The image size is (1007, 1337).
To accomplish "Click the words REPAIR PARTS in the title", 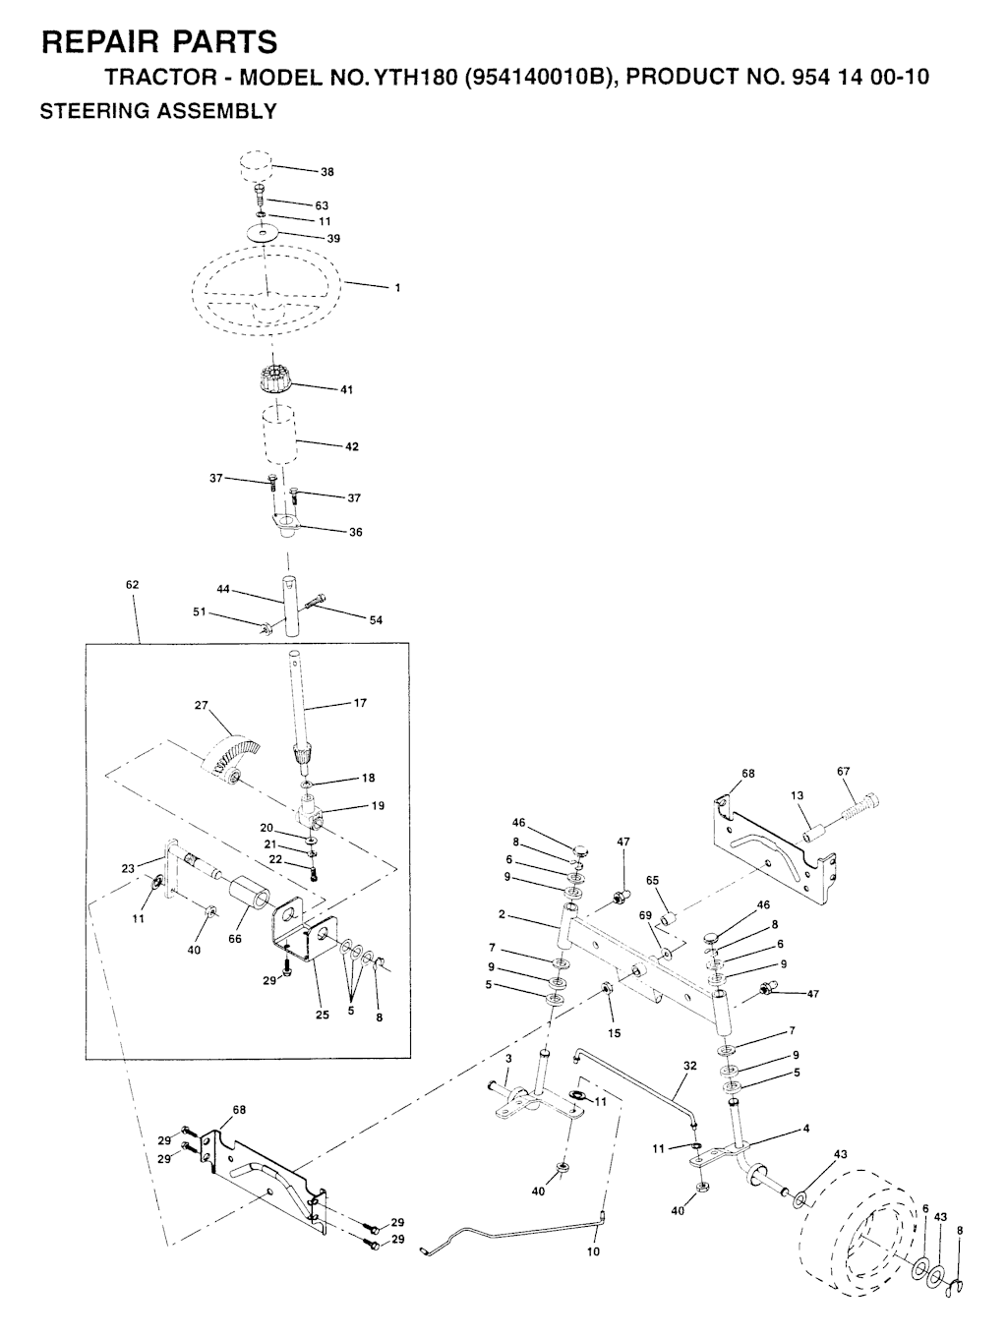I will (x=158, y=42).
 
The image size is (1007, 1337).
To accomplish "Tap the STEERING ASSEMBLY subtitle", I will (x=157, y=111).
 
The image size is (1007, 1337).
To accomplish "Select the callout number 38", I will (x=327, y=172).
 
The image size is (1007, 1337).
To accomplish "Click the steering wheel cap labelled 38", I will (x=256, y=166).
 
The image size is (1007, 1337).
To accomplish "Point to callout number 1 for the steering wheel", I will (x=397, y=288).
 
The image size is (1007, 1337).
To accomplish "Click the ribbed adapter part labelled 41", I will (x=277, y=378).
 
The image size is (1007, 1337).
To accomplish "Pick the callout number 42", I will (x=352, y=446).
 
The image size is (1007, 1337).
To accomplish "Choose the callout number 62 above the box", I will (x=133, y=585).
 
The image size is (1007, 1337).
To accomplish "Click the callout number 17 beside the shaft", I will (x=360, y=703).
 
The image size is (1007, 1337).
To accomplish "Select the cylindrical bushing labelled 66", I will (x=250, y=900).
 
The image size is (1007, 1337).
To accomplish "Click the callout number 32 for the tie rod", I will (x=689, y=1065).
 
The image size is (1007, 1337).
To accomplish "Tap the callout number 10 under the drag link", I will (x=593, y=1252).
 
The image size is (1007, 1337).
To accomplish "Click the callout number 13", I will (x=797, y=795).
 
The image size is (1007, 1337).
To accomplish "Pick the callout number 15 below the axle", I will (x=615, y=1033).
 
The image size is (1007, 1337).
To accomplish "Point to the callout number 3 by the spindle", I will (x=508, y=1059).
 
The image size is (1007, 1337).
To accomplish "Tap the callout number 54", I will (x=376, y=620).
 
